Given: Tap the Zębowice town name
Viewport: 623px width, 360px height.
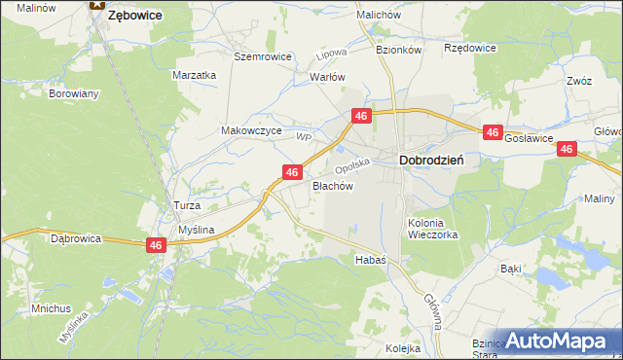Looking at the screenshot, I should click(x=133, y=16).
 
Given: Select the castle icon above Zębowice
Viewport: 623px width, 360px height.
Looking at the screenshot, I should click(x=95, y=4).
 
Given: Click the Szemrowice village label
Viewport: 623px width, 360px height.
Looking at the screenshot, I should click(x=263, y=56).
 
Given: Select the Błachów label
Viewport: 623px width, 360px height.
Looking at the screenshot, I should click(x=331, y=185).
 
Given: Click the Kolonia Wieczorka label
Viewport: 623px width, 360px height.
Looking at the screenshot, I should click(x=432, y=228).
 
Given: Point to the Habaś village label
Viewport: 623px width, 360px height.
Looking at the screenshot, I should click(x=371, y=260).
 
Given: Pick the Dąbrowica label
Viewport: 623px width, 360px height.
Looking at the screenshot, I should click(x=76, y=237).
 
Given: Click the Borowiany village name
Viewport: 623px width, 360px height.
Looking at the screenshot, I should click(x=74, y=94).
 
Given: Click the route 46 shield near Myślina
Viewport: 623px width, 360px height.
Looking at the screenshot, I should click(x=156, y=246).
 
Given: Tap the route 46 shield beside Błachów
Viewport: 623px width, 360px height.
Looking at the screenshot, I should click(x=290, y=172).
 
